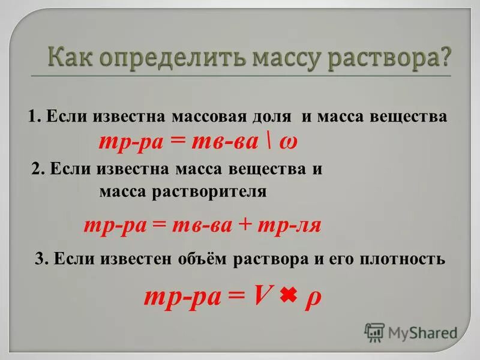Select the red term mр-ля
tap(289, 226)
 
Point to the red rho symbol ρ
tap(313, 298)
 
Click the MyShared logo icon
tap(374, 332)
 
